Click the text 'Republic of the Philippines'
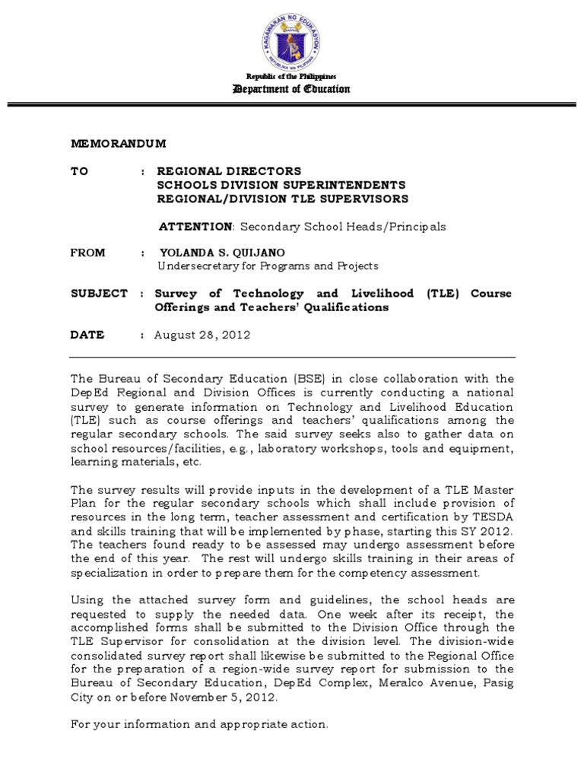(x=291, y=78)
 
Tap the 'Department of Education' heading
(x=292, y=90)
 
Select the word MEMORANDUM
(x=119, y=144)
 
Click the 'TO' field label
(x=80, y=172)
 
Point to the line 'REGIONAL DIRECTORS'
(x=229, y=172)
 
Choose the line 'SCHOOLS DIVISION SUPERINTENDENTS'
(x=281, y=186)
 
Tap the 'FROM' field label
(x=87, y=253)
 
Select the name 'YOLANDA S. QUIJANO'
(x=224, y=253)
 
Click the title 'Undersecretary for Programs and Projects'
(x=268, y=266)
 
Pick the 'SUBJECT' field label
(x=99, y=294)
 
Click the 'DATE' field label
(x=87, y=335)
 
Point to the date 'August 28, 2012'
(x=202, y=335)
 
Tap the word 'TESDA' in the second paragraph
(x=494, y=517)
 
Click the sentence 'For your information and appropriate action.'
(x=199, y=725)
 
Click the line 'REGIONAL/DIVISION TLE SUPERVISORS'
(x=282, y=199)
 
